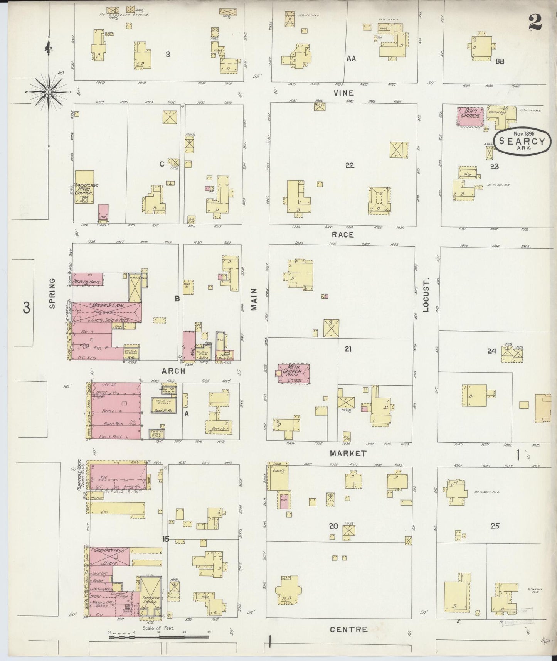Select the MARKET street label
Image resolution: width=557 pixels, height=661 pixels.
(x=348, y=454)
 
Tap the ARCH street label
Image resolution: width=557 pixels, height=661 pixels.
(x=173, y=371)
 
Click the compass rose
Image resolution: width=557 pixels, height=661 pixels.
(x=49, y=92)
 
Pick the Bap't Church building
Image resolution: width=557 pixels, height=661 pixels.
(x=471, y=116)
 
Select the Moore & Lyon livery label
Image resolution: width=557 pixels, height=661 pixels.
(x=107, y=306)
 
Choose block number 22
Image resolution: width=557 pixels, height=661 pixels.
(x=350, y=165)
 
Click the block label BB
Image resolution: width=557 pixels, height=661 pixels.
(x=500, y=61)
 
